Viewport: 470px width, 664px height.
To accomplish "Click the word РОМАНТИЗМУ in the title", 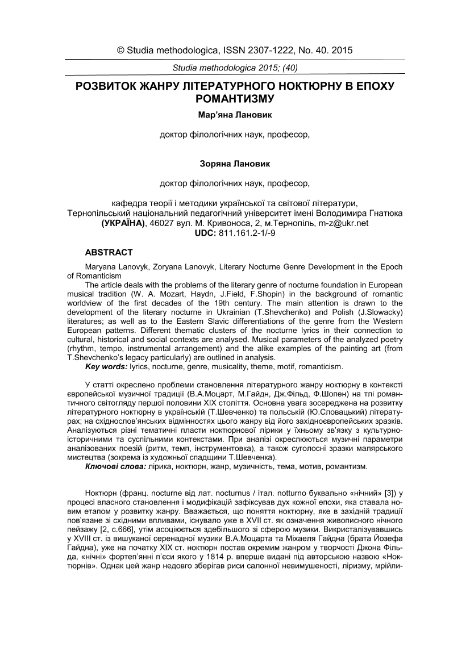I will tap(235, 99).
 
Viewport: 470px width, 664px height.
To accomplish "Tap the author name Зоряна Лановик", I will tap(235, 164).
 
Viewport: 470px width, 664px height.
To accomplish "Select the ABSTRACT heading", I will tap(109, 252).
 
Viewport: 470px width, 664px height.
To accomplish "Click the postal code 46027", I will tap(160, 223).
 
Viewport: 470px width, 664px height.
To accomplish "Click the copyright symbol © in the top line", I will tap(121, 51).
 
